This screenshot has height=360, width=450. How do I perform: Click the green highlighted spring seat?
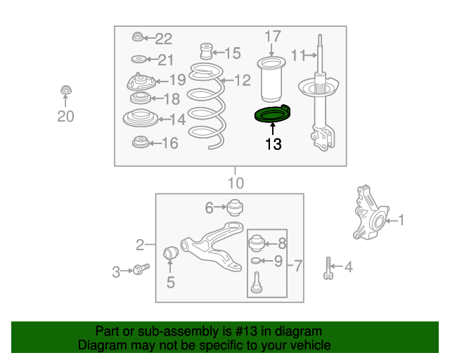point(272,115)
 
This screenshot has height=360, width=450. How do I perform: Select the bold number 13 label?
point(274,144)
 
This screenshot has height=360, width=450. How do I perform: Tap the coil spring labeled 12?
point(206,105)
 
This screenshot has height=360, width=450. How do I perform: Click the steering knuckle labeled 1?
point(370,213)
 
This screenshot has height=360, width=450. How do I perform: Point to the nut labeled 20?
point(66,90)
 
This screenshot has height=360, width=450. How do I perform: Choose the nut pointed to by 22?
point(138,37)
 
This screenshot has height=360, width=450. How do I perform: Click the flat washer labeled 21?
point(139,60)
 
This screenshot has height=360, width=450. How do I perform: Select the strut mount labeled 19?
point(141,82)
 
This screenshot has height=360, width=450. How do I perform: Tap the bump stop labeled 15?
point(206,51)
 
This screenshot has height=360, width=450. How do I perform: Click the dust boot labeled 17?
point(271,79)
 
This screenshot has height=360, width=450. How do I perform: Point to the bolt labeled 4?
point(328,268)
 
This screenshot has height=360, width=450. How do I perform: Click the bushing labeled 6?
point(235,207)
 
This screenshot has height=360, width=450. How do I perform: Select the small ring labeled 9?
point(255,261)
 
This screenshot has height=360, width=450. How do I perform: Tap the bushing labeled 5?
point(170,252)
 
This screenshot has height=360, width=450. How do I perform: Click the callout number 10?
point(236,183)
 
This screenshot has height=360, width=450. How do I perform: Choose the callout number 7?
point(298,266)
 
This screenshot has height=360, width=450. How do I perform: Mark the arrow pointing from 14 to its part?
point(165,119)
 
